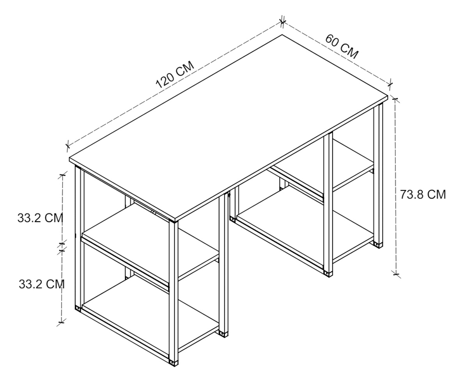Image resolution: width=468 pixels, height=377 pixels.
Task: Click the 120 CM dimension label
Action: pos(175,75)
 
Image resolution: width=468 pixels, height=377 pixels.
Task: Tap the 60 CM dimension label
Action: pos(341,47)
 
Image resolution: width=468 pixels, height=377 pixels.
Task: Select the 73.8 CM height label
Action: pos(423,194)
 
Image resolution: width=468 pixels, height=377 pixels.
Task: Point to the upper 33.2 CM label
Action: pos(41,218)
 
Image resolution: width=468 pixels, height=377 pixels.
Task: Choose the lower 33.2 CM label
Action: pos(42,284)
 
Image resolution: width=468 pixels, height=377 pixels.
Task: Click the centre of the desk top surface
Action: pos(229,126)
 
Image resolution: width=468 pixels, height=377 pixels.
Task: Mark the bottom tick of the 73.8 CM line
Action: pos(396,274)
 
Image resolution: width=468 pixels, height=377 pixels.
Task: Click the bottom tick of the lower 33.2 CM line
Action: pos(62,322)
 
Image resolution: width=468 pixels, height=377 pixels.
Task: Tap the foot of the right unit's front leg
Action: pos(328,273)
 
